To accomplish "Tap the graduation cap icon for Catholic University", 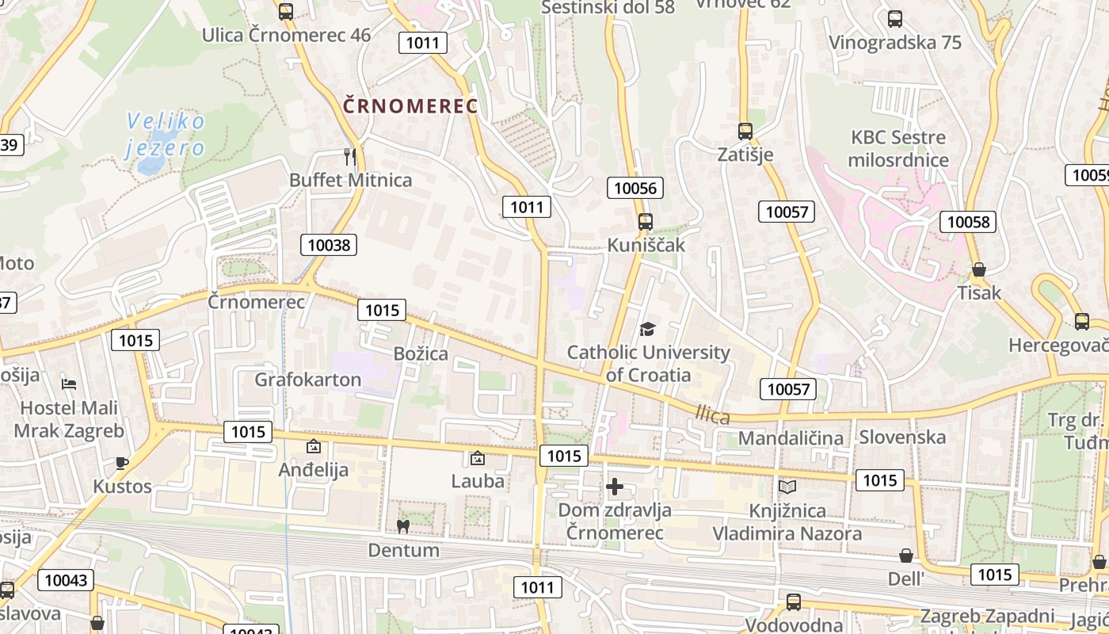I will [x=648, y=329].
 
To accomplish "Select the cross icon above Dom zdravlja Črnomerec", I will [x=615, y=487].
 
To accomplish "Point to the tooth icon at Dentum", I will [x=402, y=526].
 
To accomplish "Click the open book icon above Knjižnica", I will [x=787, y=487].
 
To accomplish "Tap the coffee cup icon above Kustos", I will [x=121, y=463].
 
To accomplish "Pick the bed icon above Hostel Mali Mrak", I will [x=69, y=384].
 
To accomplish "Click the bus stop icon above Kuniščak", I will [x=646, y=222].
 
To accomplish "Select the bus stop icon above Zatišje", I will [x=745, y=131].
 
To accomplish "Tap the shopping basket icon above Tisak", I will [x=979, y=269].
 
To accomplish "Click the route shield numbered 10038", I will [x=329, y=245].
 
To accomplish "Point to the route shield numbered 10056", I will [x=635, y=188].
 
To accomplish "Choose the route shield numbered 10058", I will [x=968, y=221].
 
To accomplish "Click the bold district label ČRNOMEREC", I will [x=410, y=105].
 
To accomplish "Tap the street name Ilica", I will [x=712, y=414].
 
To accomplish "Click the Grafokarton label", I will [x=307, y=380].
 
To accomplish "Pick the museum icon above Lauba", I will [x=477, y=458].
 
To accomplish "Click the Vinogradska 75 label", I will [x=895, y=43].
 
